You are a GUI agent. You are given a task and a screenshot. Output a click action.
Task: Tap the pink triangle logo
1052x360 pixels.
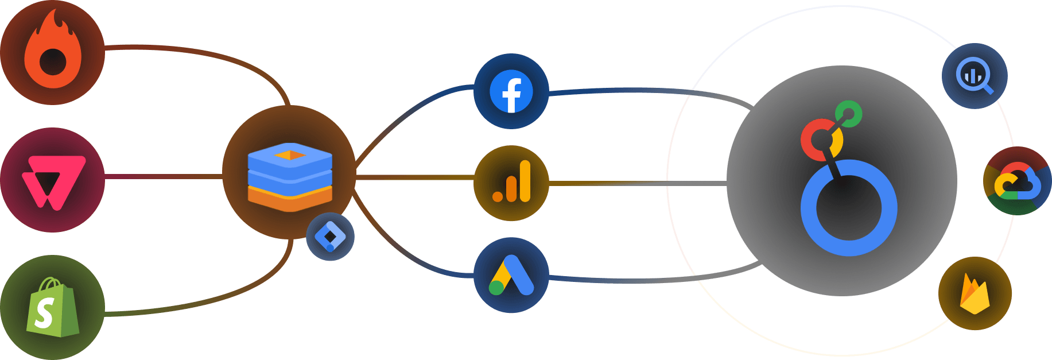(53, 181)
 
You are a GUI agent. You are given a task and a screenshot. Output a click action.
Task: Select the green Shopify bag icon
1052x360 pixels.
(52, 308)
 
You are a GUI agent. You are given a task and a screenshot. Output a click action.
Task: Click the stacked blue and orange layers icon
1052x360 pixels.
(290, 176)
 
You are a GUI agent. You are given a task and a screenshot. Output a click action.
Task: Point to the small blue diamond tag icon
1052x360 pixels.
(330, 237)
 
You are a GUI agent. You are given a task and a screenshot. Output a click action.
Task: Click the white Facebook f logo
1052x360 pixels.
(511, 92)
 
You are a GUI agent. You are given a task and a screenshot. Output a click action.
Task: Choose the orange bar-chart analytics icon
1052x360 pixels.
(511, 183)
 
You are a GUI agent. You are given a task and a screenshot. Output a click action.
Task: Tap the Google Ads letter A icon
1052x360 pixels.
(511, 275)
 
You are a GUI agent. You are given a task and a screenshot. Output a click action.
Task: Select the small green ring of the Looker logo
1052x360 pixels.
(848, 114)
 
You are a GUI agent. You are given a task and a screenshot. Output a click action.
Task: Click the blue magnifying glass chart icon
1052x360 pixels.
(974, 76)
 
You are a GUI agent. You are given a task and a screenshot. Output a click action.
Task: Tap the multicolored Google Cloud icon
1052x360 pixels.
(1017, 181)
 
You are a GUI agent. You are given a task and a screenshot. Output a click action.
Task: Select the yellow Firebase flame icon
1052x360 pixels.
(975, 294)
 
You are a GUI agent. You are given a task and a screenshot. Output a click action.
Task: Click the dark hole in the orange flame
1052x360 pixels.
(53, 61)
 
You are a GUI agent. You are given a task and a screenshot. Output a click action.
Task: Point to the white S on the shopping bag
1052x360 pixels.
(44, 313)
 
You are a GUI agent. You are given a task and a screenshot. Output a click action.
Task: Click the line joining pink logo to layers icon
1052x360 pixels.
(164, 176)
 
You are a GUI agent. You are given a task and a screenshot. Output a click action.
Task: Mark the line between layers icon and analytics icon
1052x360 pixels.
(413, 177)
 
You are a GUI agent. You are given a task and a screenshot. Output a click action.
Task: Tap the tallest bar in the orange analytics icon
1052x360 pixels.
(525, 181)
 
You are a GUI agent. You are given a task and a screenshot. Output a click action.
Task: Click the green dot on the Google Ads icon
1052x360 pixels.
(496, 287)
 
